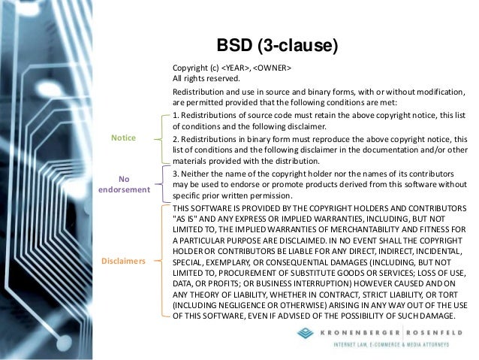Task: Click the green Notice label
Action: (123, 138)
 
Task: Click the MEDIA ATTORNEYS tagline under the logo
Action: (429, 345)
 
